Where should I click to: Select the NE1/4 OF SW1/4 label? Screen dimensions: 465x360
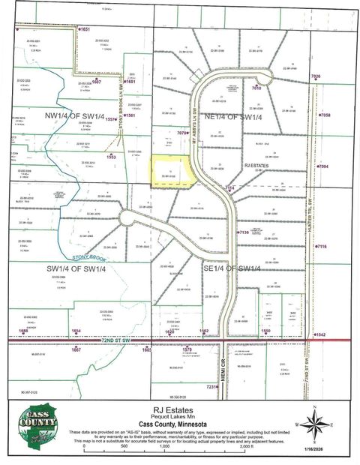click(235, 117)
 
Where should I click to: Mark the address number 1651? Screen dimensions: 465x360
click(85, 29)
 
